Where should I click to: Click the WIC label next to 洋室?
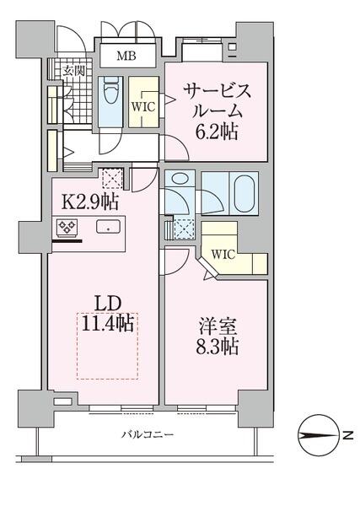[x=223, y=253]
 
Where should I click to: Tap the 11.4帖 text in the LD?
[x=108, y=323]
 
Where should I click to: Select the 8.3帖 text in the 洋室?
[x=218, y=346]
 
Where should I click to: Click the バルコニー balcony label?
[x=147, y=435]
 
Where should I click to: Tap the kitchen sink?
[x=107, y=226]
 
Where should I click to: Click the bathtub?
[x=245, y=194]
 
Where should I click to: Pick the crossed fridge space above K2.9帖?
[x=110, y=179]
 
